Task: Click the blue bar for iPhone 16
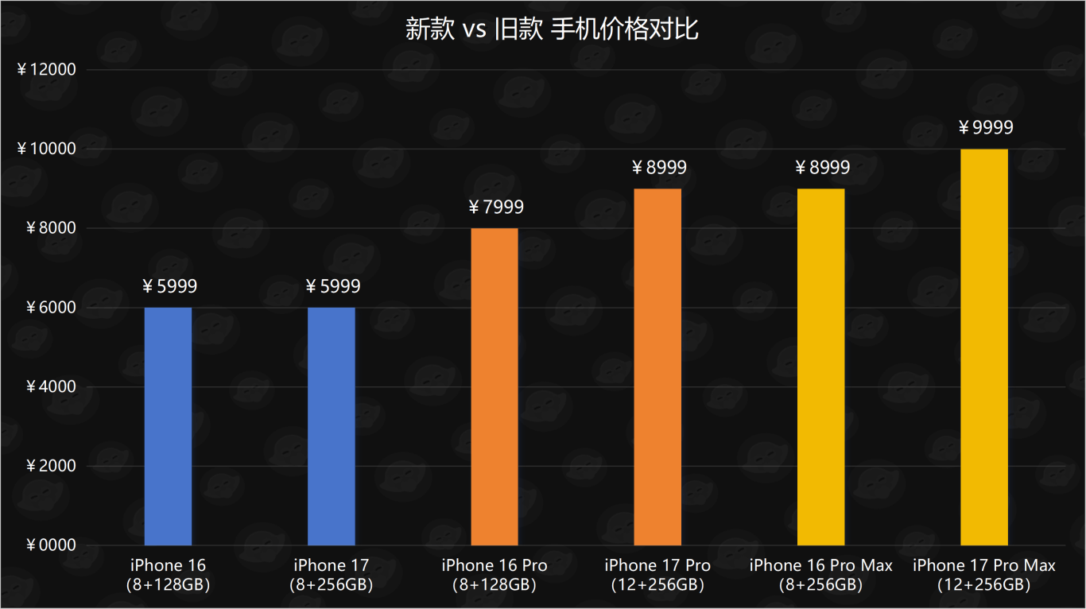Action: (x=168, y=426)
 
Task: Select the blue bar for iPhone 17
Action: (x=331, y=426)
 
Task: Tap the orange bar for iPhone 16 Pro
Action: (x=495, y=386)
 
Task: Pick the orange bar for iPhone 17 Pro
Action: (x=657, y=367)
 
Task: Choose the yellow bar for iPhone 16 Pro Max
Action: (x=820, y=367)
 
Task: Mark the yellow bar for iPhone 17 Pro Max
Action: (x=983, y=347)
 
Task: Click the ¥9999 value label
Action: (x=986, y=128)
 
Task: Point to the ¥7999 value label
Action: (x=496, y=208)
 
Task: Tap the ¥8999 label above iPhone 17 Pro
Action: (x=659, y=168)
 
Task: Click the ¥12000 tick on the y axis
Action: (x=46, y=70)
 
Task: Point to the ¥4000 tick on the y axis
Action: (x=51, y=387)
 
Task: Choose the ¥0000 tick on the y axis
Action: (x=51, y=545)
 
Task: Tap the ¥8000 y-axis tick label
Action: (x=51, y=229)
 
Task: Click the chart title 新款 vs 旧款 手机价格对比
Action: (x=552, y=29)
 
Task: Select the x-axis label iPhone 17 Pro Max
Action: (x=983, y=565)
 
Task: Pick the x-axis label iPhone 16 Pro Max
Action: (x=820, y=565)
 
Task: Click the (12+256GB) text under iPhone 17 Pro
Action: (x=657, y=585)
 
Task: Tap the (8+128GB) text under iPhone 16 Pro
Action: (x=495, y=585)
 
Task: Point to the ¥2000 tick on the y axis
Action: (x=51, y=466)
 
